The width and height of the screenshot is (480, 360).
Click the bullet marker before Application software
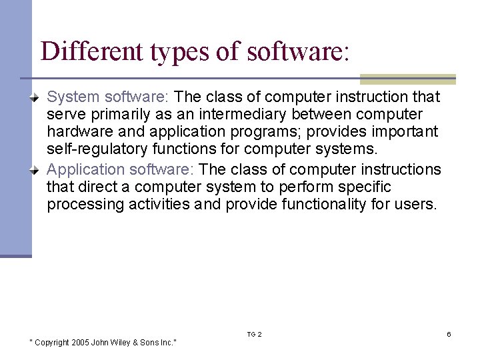pyautogui.click(x=38, y=170)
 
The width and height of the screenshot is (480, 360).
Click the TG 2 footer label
pyautogui.click(x=254, y=334)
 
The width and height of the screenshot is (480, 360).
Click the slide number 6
pyautogui.click(x=449, y=334)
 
